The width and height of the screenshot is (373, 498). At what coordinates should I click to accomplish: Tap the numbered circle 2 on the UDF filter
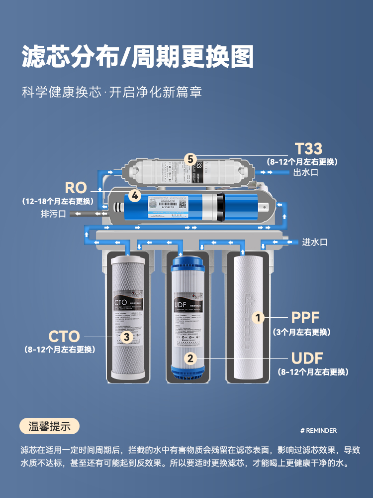click(x=190, y=358)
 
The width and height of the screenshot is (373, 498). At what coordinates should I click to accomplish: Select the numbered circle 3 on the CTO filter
click(x=127, y=337)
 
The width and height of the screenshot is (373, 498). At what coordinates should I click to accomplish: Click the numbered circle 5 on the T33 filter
click(x=189, y=159)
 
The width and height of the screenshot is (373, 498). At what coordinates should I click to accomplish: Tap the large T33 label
click(x=308, y=148)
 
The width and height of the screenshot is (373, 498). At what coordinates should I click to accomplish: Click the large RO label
click(x=76, y=188)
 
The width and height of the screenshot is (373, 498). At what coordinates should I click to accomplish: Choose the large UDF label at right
click(x=307, y=358)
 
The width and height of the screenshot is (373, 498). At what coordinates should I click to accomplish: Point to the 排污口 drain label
click(x=53, y=214)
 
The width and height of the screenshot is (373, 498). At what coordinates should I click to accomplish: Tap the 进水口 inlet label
click(x=315, y=242)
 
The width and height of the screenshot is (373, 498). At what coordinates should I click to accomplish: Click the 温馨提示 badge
click(x=49, y=426)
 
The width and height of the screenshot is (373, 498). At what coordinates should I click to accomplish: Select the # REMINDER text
click(x=319, y=430)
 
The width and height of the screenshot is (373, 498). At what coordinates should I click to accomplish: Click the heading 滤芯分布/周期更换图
click(x=138, y=57)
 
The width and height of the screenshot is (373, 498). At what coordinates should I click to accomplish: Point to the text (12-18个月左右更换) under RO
click(x=58, y=201)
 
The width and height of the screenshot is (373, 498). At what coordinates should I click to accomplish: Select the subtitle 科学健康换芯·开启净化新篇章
click(x=112, y=93)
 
